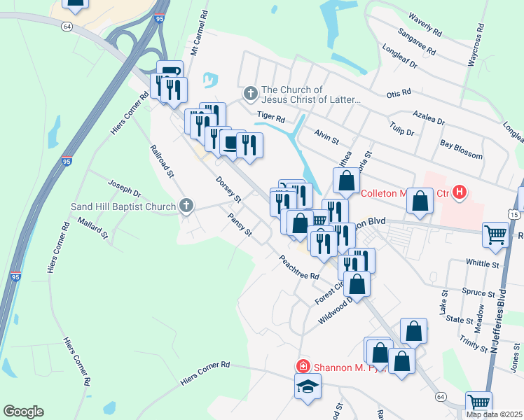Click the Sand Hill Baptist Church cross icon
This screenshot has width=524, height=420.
tap(186, 206)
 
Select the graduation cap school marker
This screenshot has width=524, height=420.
tap(308, 386)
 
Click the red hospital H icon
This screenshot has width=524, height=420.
tap(459, 192)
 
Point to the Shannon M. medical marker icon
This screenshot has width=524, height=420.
tap(303, 366)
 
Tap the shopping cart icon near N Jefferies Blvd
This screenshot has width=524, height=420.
tap(495, 236)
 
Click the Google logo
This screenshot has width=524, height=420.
tap(23, 412)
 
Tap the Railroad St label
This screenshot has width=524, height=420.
tap(162, 161)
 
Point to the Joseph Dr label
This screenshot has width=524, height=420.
tap(124, 188)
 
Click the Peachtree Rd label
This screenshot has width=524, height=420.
tap(299, 267)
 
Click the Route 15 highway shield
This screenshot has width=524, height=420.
tap(515, 213)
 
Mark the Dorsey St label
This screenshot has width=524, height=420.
tap(228, 188)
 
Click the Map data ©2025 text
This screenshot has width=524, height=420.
tap(494, 414)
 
